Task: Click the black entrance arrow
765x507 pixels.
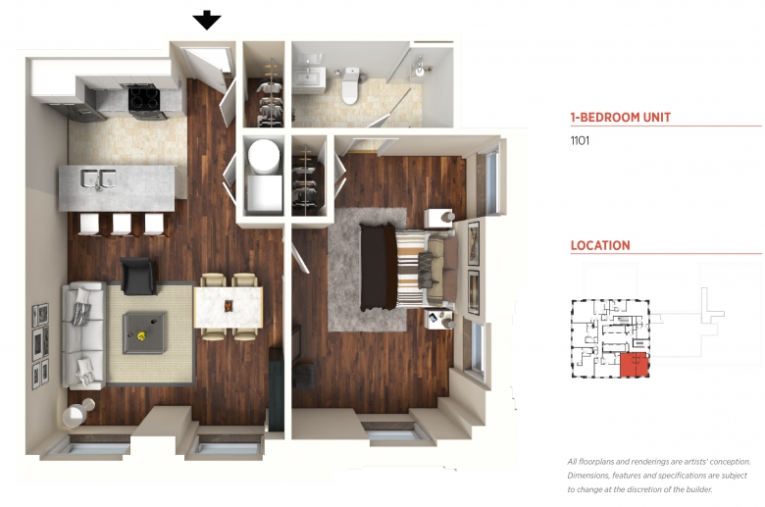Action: pyautogui.click(x=207, y=20)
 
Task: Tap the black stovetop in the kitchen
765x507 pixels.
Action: pyautogui.click(x=144, y=99)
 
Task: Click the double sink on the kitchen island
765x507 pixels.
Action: pyautogui.click(x=98, y=178)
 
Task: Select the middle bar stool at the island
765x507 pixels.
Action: pyautogui.click(x=122, y=225)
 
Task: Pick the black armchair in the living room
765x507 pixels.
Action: pyautogui.click(x=138, y=277)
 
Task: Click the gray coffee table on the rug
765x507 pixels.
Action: pyautogui.click(x=143, y=332)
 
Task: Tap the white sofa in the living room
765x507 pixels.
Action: pyautogui.click(x=84, y=335)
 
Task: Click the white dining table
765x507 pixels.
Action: pyautogui.click(x=229, y=307)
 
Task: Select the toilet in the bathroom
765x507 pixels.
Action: pyautogui.click(x=350, y=86)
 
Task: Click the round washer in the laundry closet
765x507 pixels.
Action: pyautogui.click(x=264, y=156)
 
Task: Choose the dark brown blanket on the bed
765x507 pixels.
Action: pyautogui.click(x=379, y=267)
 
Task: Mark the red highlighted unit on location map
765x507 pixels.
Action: pyautogui.click(x=635, y=365)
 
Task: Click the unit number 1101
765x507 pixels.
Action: pyautogui.click(x=580, y=141)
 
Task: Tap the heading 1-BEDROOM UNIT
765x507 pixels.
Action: pyautogui.click(x=621, y=118)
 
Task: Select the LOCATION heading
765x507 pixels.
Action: pyautogui.click(x=600, y=245)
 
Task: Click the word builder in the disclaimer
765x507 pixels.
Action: pyautogui.click(x=698, y=489)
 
